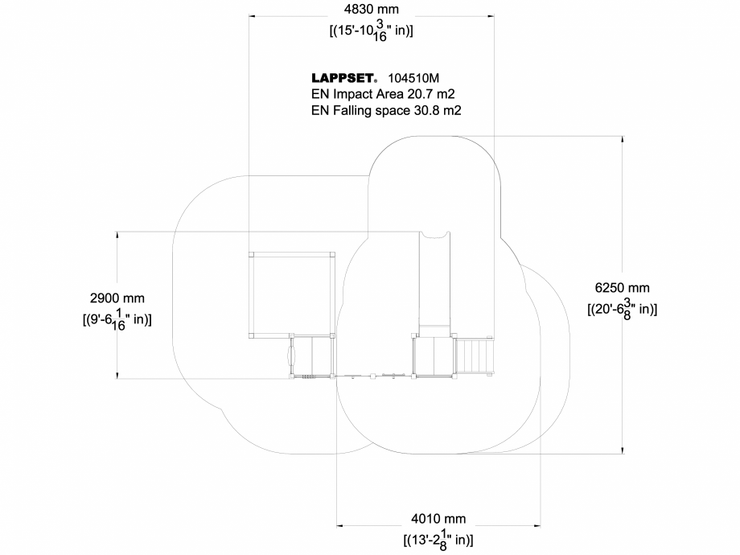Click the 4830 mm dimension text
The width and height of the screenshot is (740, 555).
pyautogui.click(x=371, y=10)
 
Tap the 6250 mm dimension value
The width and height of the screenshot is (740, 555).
pyautogui.click(x=622, y=287)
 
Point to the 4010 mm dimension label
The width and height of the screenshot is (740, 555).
pyautogui.click(x=438, y=519)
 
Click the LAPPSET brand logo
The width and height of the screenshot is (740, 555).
pyautogui.click(x=344, y=79)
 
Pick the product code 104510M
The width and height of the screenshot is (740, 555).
pyautogui.click(x=413, y=79)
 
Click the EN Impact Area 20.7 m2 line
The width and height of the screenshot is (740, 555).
pyautogui.click(x=383, y=94)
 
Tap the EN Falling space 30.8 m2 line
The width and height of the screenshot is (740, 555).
pyautogui.click(x=386, y=111)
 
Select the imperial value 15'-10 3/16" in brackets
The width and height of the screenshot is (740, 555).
pyautogui.click(x=372, y=30)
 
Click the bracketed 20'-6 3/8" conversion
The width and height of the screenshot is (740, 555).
pyautogui.click(x=622, y=308)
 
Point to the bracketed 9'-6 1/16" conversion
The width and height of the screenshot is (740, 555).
pyautogui.click(x=117, y=319)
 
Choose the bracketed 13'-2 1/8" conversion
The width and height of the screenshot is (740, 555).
pyautogui.click(x=438, y=539)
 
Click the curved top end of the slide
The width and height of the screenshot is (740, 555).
pyautogui.click(x=435, y=236)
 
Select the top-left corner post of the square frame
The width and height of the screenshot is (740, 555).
pyautogui.click(x=251, y=254)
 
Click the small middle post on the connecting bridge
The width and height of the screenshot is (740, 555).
pyautogui.click(x=373, y=375)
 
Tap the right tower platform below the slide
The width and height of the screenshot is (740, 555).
pyautogui.click(x=434, y=356)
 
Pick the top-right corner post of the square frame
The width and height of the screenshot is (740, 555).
pyautogui.click(x=331, y=254)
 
